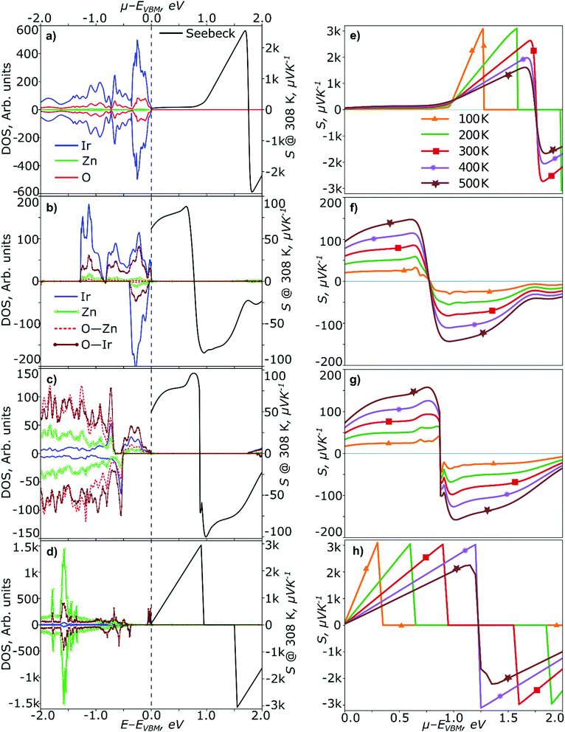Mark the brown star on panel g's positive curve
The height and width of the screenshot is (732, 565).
pyautogui.click(x=413, y=392)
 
